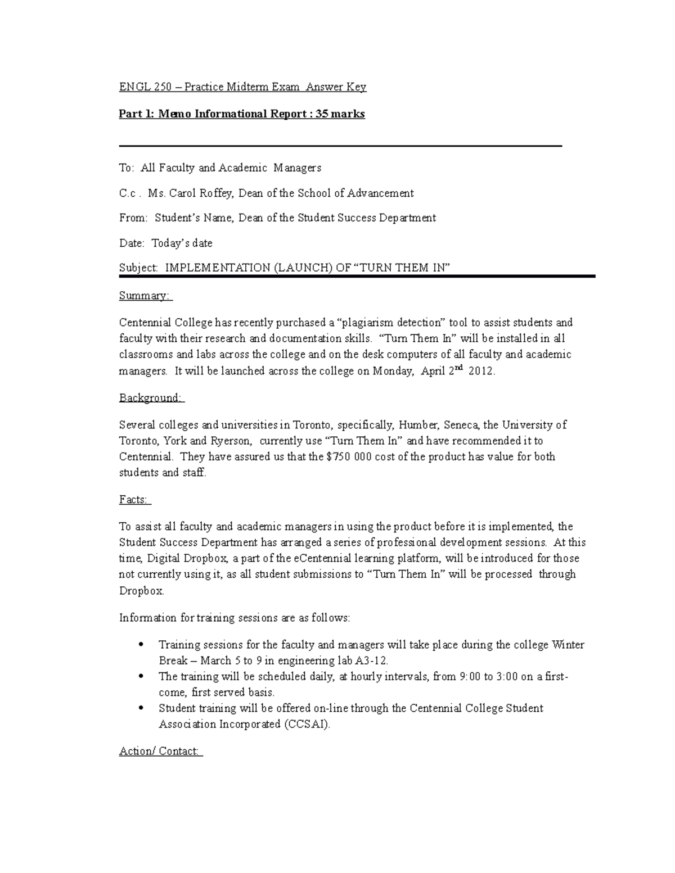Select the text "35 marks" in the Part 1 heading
(340, 114)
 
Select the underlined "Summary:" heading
(144, 296)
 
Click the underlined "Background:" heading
(150, 398)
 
